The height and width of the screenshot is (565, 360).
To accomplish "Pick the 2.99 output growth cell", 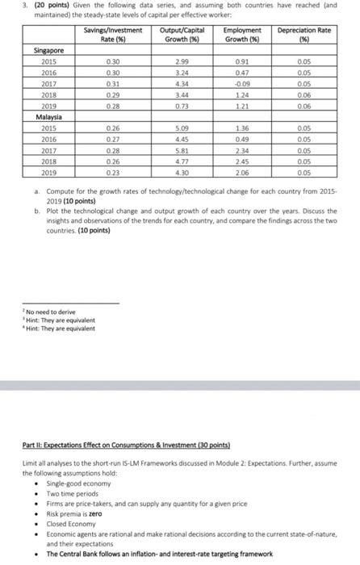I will tap(179, 61).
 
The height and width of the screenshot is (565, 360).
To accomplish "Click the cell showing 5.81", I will tap(179, 149).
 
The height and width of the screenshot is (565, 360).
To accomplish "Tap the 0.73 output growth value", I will tap(179, 104).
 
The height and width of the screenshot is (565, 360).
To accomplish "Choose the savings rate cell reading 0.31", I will tap(112, 82).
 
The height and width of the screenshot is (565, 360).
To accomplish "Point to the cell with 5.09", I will tap(179, 127).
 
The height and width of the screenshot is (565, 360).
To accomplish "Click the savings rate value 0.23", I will tap(112, 170).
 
